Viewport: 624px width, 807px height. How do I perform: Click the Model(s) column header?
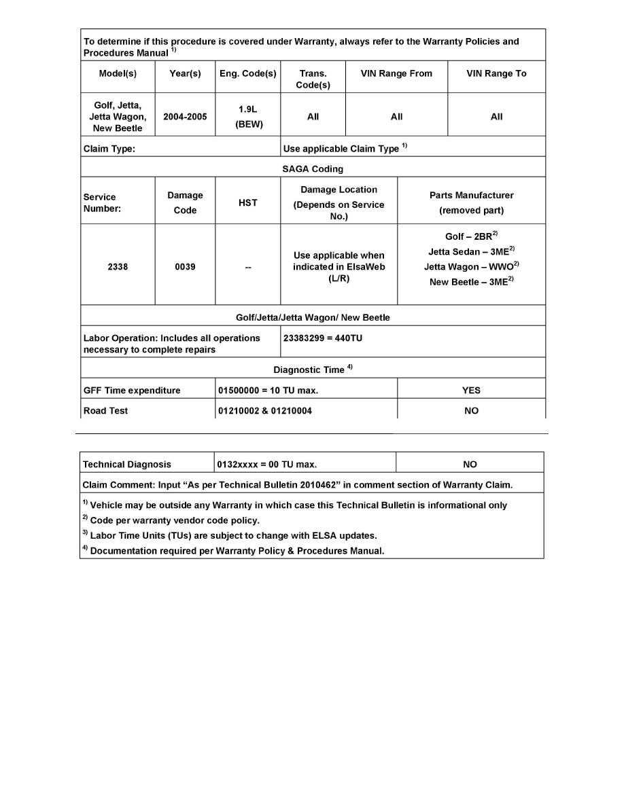(118, 74)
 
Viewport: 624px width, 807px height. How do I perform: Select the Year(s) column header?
(185, 74)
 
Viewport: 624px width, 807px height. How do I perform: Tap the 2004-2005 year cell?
(185, 117)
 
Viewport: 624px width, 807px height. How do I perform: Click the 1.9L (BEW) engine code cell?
(247, 117)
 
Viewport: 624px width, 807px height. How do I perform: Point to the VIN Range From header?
(396, 74)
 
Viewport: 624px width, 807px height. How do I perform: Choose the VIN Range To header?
(496, 74)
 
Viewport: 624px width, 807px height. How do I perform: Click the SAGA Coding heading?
(313, 169)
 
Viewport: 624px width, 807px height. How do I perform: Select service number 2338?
(118, 267)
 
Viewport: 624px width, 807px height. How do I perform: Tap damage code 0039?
(185, 267)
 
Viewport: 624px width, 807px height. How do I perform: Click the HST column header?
(247, 203)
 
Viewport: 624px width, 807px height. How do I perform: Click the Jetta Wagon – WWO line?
(471, 267)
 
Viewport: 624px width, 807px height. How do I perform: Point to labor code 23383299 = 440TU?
(323, 338)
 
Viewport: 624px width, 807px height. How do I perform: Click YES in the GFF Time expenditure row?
(471, 391)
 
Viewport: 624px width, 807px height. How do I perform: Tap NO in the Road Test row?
(471, 411)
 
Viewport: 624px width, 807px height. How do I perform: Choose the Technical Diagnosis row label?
(127, 465)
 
